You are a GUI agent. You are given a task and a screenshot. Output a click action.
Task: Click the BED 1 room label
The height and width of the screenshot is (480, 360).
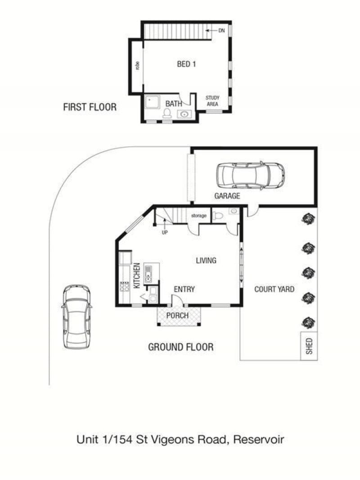[186, 64]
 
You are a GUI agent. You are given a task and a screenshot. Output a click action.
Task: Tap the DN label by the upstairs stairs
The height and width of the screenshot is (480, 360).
[221, 31]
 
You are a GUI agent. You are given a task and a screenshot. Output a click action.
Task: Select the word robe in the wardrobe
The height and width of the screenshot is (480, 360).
[137, 65]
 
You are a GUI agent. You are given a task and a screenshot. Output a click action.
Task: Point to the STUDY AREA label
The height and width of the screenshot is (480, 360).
[212, 101]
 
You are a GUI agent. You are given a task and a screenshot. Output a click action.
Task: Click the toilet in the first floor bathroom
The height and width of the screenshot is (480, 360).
[167, 113]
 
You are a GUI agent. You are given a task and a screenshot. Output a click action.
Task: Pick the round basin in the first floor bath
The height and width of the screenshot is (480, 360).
[184, 114]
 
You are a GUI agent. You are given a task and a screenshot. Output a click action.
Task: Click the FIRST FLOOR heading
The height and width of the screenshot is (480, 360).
[90, 107]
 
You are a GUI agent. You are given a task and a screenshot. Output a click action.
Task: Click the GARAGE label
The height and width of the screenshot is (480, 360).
[227, 196]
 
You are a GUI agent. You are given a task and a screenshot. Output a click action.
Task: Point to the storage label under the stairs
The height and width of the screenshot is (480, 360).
[199, 216]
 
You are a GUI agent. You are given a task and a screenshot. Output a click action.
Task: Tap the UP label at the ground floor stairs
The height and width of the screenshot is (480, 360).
[165, 233]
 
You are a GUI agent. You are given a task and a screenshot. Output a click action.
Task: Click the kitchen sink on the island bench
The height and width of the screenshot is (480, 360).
[148, 273]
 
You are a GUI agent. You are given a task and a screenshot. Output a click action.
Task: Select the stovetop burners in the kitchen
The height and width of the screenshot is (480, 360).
[124, 286]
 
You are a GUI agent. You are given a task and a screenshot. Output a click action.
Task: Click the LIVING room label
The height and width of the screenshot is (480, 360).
[206, 261]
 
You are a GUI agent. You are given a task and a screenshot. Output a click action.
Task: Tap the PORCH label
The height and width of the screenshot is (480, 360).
[177, 315]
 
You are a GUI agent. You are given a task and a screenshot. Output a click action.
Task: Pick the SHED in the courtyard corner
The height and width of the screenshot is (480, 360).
[309, 346]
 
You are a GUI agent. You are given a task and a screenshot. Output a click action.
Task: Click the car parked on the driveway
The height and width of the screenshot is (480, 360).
[77, 317]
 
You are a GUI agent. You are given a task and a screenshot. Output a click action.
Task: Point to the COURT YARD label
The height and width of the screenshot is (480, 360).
[274, 289]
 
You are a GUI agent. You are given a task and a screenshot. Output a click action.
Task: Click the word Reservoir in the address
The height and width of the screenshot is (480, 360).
[258, 439]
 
